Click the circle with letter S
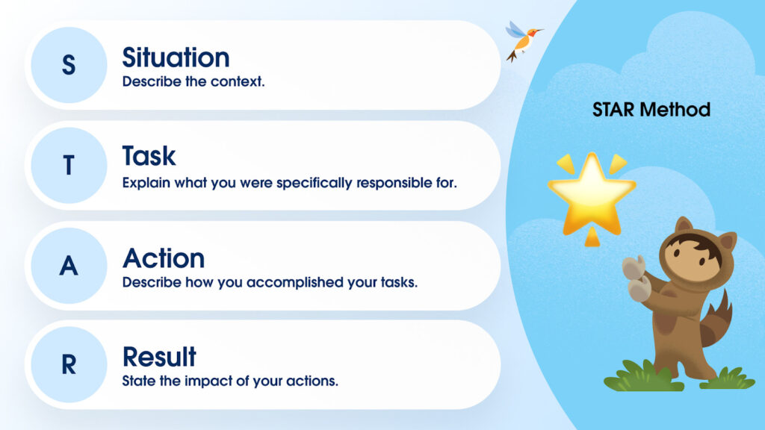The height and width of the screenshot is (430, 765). click(x=69, y=65)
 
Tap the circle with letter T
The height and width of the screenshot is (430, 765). click(x=69, y=165)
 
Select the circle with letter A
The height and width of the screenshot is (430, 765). click(x=69, y=266)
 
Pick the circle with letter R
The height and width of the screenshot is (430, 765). click(x=69, y=364)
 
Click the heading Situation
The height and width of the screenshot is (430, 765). click(x=176, y=57)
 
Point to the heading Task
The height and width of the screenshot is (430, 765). click(x=149, y=156)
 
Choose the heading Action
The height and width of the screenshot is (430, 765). click(x=164, y=258)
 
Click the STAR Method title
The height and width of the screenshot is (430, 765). click(x=651, y=110)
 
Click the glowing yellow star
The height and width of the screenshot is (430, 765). click(x=592, y=192)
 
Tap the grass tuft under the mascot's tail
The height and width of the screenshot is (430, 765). click(x=728, y=378)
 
